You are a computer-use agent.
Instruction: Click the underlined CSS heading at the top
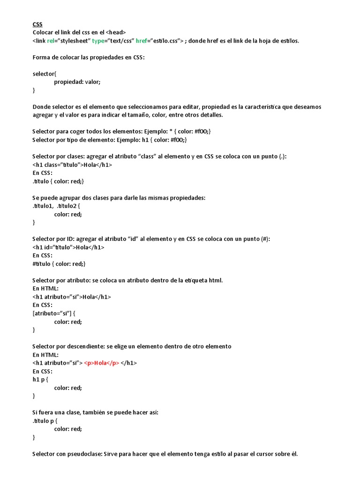37,24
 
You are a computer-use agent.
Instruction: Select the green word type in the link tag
99,41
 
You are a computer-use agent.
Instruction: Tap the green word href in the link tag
142,41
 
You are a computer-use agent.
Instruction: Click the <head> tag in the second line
116,32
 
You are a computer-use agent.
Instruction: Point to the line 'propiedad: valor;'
77,82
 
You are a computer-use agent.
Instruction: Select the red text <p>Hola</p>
102,363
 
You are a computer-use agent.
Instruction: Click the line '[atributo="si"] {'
54,313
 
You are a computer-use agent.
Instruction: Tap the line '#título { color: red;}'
59,263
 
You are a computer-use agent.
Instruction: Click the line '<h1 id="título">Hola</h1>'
68,247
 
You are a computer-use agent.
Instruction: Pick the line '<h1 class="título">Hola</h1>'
72,165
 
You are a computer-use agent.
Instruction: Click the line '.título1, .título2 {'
57,206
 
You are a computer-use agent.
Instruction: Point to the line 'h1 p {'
40,379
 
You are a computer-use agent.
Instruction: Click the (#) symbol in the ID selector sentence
265,239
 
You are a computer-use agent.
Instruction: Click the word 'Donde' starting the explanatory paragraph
41,106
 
